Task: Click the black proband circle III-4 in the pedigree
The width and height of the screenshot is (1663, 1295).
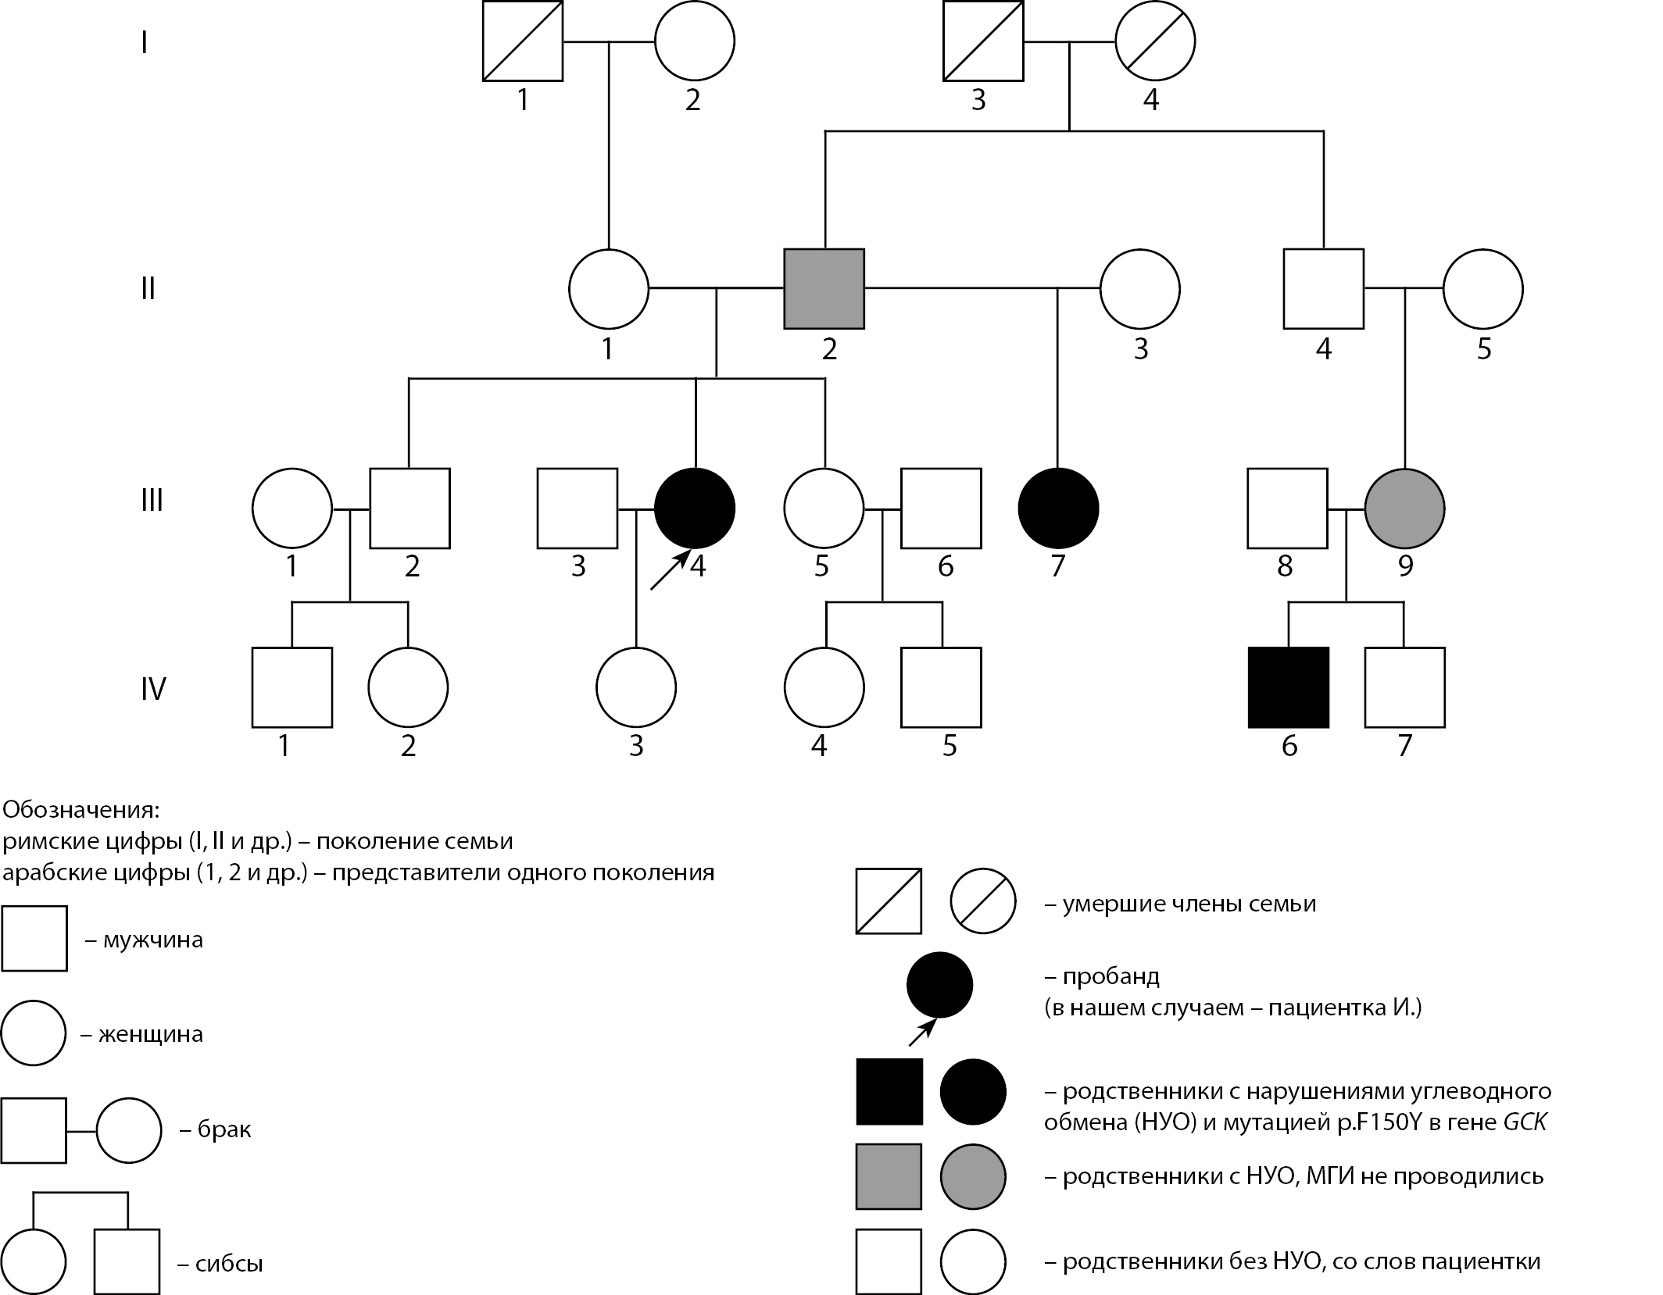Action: point(695,508)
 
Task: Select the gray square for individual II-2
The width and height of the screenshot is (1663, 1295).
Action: point(824,289)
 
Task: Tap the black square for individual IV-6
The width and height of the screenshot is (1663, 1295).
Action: point(1289,687)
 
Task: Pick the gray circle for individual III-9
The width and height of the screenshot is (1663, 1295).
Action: point(1404,508)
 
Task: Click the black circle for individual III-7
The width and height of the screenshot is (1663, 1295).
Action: point(1058,508)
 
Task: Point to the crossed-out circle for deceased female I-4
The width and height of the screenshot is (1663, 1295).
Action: point(1155,41)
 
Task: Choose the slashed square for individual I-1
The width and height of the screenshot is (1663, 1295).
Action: point(523,41)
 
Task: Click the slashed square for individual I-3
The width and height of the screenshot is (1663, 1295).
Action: point(983,41)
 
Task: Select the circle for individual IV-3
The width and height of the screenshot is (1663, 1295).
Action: point(636,687)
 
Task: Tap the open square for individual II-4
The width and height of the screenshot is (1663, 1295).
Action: point(1324,289)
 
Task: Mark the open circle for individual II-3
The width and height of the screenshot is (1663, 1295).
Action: point(1140,289)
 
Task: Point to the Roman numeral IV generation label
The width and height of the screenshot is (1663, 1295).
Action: point(153,689)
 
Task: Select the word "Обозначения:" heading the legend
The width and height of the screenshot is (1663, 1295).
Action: point(80,808)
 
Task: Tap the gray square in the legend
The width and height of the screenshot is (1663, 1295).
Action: point(889,1176)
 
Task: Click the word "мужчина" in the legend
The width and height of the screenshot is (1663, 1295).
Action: point(153,940)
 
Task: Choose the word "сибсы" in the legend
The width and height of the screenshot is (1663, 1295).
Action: point(230,1264)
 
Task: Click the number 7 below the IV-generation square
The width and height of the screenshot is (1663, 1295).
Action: point(1404,747)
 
